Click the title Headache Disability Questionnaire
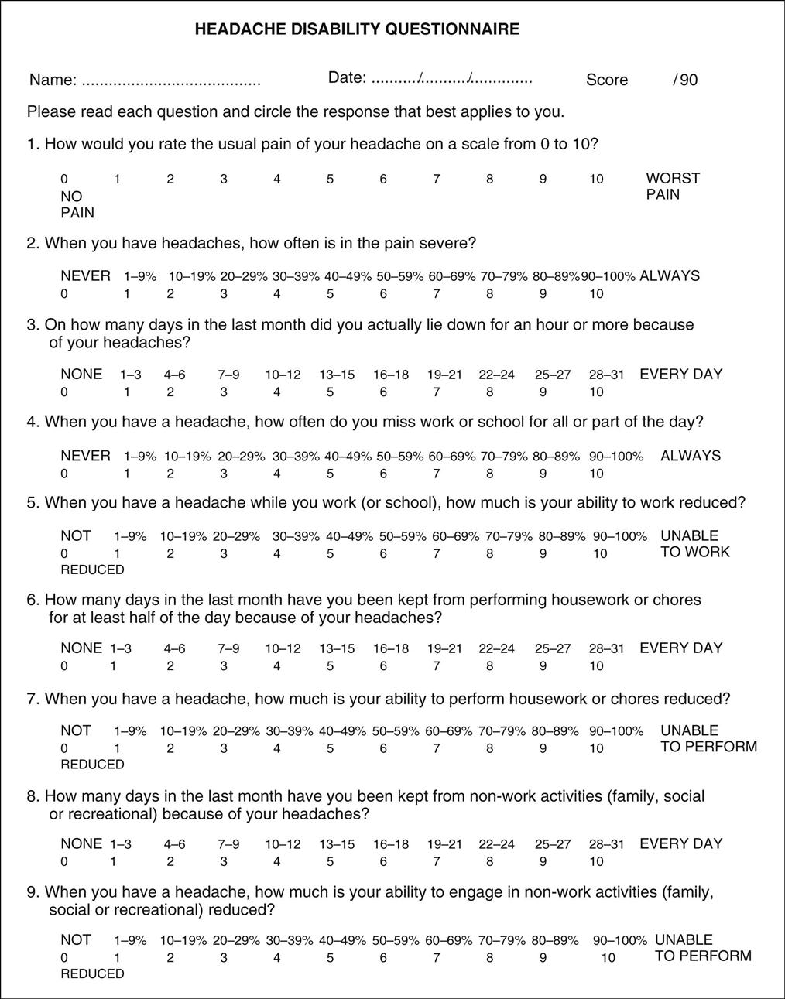pyautogui.click(x=357, y=29)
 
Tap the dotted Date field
pyautogui.click(x=451, y=79)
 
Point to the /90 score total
pyautogui.click(x=685, y=80)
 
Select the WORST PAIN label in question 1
pyautogui.click(x=673, y=186)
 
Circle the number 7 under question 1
pyautogui.click(x=437, y=180)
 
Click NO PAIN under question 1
pyautogui.click(x=77, y=204)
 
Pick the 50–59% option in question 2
pyautogui.click(x=400, y=276)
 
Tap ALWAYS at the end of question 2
pyautogui.click(x=670, y=276)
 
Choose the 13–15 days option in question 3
pyautogui.click(x=337, y=375)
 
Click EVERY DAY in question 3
pyautogui.click(x=680, y=375)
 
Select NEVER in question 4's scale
pyautogui.click(x=85, y=456)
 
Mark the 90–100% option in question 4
pyautogui.click(x=618, y=457)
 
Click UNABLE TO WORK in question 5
pyautogui.click(x=694, y=544)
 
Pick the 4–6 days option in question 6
pyautogui.click(x=174, y=648)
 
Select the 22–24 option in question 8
pyautogui.click(x=496, y=844)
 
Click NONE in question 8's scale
pyautogui.click(x=81, y=844)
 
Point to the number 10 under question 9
pyautogui.click(x=608, y=958)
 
